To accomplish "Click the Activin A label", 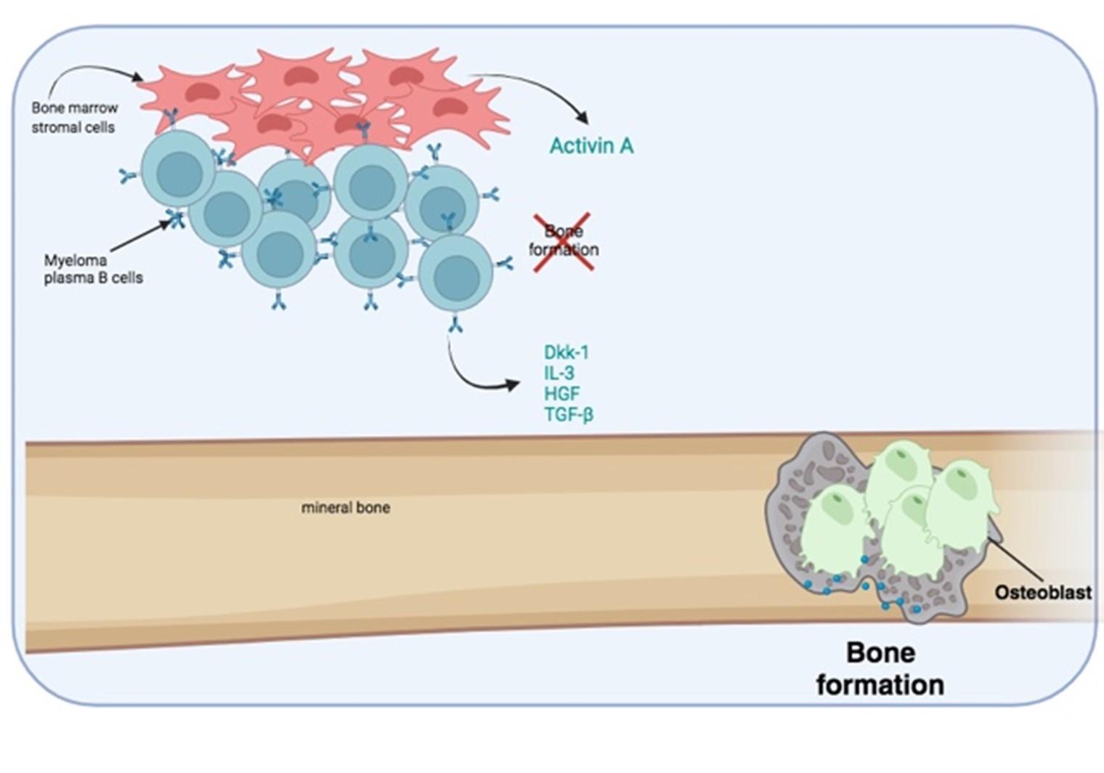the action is pyautogui.click(x=591, y=146).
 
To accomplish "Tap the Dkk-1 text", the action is pyautogui.click(x=567, y=352).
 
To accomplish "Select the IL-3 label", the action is pyautogui.click(x=559, y=373).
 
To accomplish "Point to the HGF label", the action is pyautogui.click(x=562, y=394).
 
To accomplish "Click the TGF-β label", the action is pyautogui.click(x=569, y=415).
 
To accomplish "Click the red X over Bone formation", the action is pyautogui.click(x=564, y=241).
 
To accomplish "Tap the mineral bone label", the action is pyautogui.click(x=346, y=507).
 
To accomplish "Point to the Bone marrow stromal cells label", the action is pyautogui.click(x=74, y=118).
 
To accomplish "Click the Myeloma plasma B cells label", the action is pyautogui.click(x=93, y=268).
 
